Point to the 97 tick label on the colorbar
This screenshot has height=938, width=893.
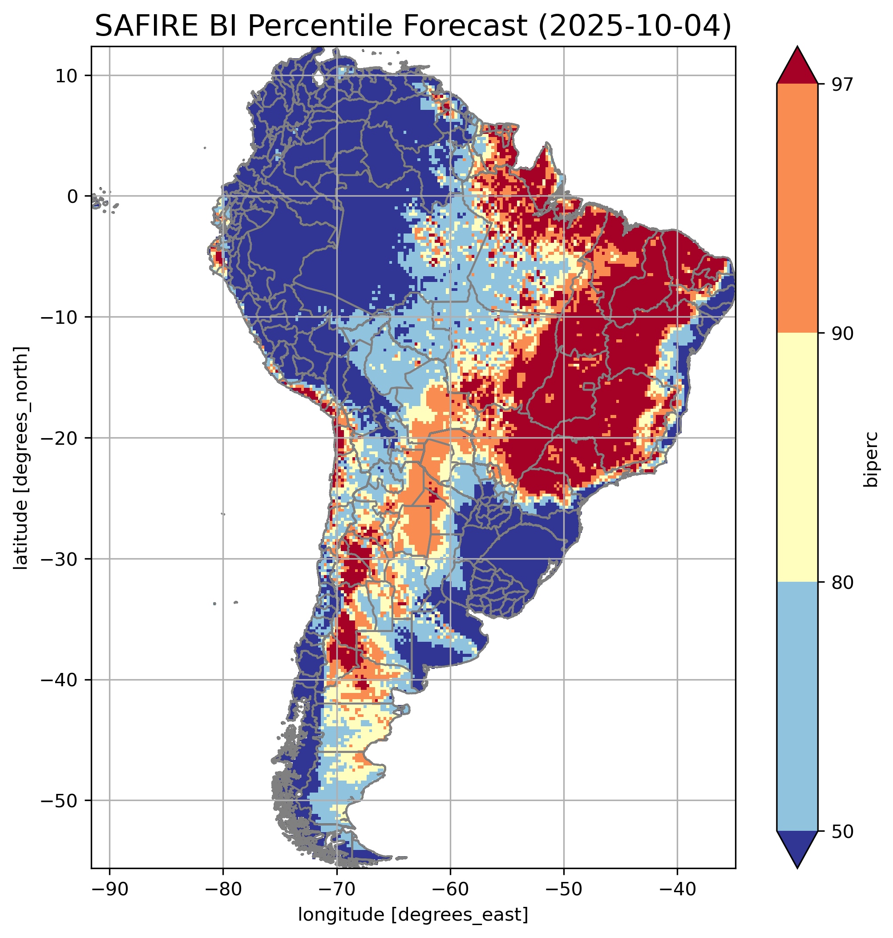(842, 85)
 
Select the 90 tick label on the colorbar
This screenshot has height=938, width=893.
(842, 334)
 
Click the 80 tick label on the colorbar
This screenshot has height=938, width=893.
(842, 583)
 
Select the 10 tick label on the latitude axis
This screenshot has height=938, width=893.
(67, 76)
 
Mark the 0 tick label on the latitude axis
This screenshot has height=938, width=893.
(73, 197)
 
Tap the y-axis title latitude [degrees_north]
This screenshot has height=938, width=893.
(21, 458)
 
